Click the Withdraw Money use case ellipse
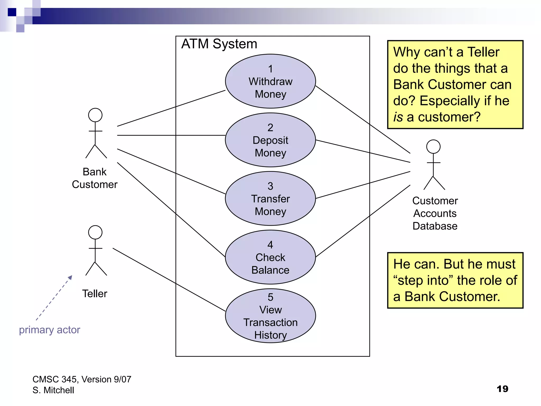click(270, 81)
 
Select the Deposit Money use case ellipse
click(270, 140)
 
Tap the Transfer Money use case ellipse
click(270, 199)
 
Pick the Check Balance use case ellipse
click(270, 257)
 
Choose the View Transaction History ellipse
click(270, 316)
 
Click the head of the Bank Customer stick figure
click(95, 115)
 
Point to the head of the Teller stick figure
click(95, 232)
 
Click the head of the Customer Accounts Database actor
click(433, 147)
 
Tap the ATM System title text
click(219, 44)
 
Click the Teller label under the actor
click(95, 294)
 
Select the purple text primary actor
click(49, 330)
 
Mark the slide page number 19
click(502, 389)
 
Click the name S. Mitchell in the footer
click(53, 390)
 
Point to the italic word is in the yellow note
click(398, 117)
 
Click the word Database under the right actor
click(435, 226)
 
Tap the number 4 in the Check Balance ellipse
click(270, 245)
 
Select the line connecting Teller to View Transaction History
click(169, 280)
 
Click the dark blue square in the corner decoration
click(12, 12)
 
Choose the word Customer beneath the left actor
click(95, 184)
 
